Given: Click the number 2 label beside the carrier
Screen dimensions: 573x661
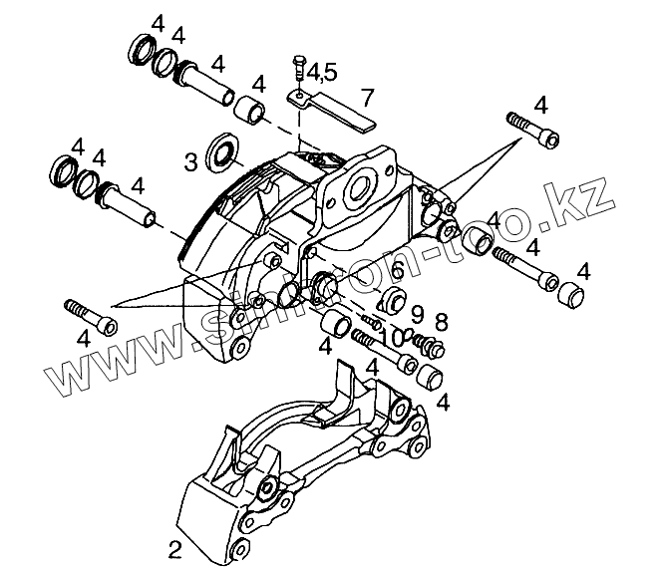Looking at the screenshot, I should (x=175, y=547).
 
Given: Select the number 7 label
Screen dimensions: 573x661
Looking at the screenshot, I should (x=368, y=97).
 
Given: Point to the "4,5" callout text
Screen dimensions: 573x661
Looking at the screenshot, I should (x=322, y=72).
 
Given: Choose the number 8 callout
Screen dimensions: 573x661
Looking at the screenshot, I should (x=442, y=322).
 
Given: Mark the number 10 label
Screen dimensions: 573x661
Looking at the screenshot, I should (x=391, y=337).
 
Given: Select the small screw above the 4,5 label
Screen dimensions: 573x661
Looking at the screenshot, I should (x=298, y=69).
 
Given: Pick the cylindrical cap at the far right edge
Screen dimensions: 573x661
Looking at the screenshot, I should (x=569, y=296).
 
